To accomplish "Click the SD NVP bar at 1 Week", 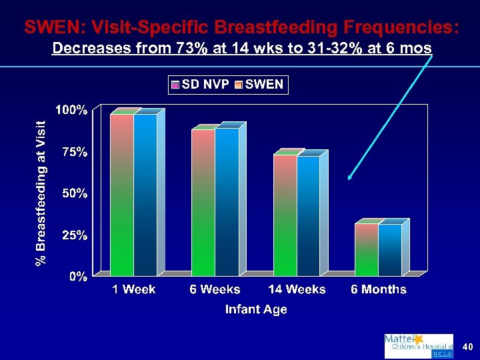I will (122, 195).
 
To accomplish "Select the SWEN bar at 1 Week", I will (145, 195).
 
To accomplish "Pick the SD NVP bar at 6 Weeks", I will (203, 202).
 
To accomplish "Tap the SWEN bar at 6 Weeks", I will (227, 201).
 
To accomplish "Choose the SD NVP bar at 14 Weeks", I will (285, 215).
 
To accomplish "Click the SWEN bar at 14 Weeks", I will (308, 215).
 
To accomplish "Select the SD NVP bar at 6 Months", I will (367, 249).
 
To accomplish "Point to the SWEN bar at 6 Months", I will (390, 249).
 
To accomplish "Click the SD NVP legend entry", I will (200, 85).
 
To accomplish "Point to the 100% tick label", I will (71, 111).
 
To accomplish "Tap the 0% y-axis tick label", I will (79, 277).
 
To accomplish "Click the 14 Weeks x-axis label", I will (297, 289).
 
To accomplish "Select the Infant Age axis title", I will (256, 309).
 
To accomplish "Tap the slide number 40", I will (467, 347).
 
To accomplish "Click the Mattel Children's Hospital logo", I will (418, 346).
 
